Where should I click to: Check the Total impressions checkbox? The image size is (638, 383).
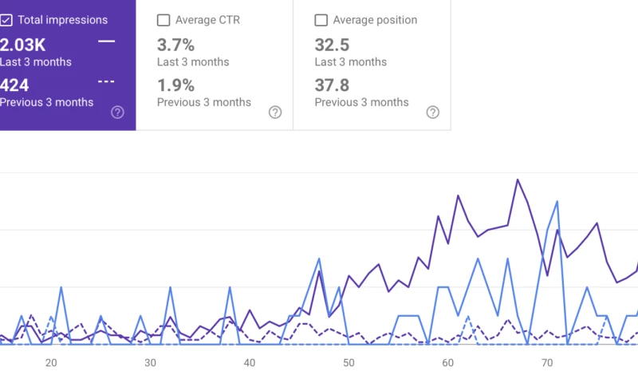(x=6, y=20)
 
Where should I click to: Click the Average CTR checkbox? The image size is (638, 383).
(x=163, y=20)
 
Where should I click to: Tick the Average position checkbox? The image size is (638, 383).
(x=321, y=20)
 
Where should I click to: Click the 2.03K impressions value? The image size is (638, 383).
(x=23, y=45)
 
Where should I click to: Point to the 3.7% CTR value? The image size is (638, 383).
(x=175, y=45)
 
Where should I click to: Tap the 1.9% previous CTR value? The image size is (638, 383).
(x=175, y=85)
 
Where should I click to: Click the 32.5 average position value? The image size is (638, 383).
(x=332, y=45)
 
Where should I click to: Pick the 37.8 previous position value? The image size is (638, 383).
(x=332, y=85)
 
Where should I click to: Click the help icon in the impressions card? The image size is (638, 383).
(x=117, y=113)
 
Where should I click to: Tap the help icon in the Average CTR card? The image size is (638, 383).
(x=275, y=113)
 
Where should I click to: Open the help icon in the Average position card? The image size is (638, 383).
(x=433, y=113)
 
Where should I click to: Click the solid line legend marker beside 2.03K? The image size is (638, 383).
(x=106, y=41)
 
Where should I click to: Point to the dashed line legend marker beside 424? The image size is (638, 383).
(x=106, y=81)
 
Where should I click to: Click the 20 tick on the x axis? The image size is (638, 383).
(x=51, y=363)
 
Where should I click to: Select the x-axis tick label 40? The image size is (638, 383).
(x=250, y=363)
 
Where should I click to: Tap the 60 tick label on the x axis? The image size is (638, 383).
(x=447, y=363)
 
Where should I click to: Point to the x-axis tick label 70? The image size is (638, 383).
(x=546, y=363)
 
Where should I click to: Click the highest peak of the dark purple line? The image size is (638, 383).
(x=518, y=180)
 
